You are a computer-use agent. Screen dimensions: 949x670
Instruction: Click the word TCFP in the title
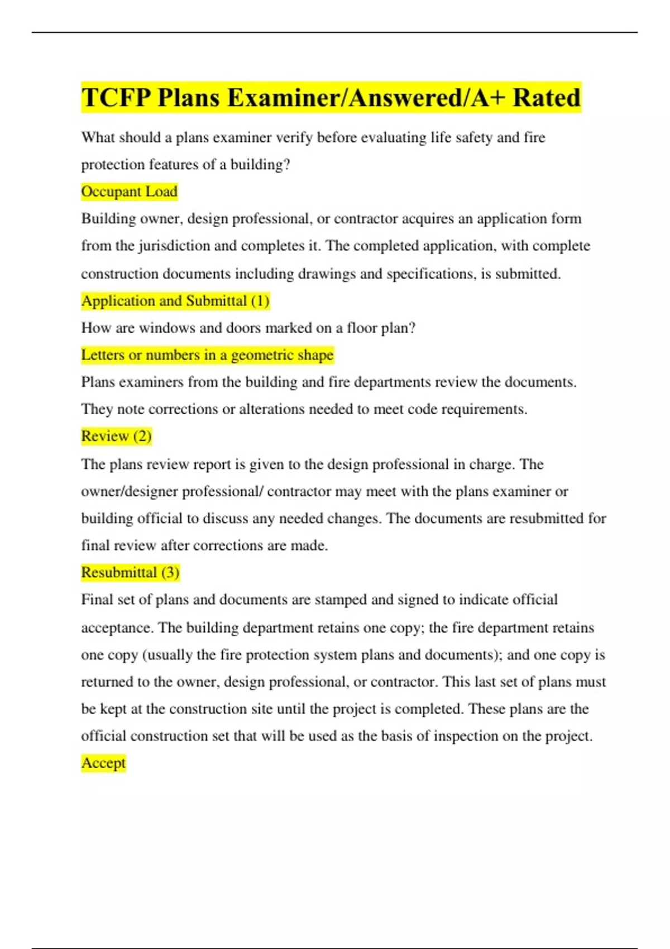pyautogui.click(x=116, y=98)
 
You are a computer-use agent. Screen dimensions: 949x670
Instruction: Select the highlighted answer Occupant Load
pyautogui.click(x=129, y=191)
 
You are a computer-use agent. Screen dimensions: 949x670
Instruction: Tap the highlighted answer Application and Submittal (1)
pyautogui.click(x=175, y=301)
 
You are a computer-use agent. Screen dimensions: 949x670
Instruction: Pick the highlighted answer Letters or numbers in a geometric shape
pyautogui.click(x=207, y=355)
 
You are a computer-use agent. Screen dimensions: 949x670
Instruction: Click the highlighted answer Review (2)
pyautogui.click(x=116, y=436)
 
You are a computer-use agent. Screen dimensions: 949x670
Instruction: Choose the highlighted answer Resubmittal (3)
pyautogui.click(x=130, y=572)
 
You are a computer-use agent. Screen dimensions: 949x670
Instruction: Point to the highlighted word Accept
pyautogui.click(x=103, y=763)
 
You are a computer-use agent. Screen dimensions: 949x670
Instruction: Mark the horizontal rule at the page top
pyautogui.click(x=335, y=32)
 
